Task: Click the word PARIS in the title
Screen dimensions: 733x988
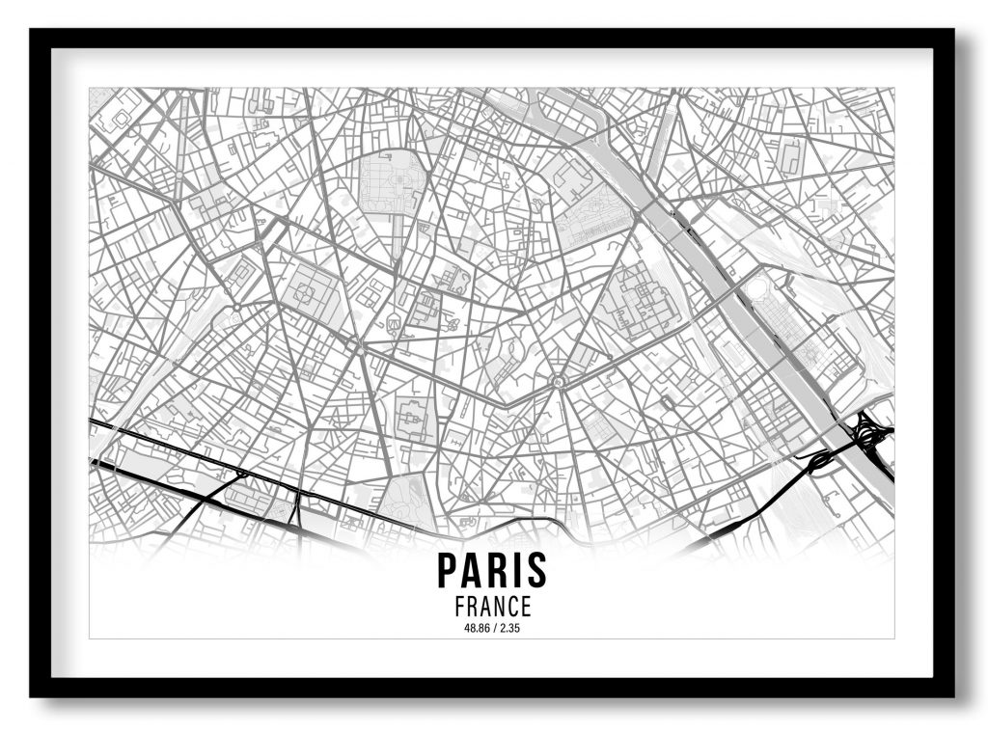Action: [492, 570]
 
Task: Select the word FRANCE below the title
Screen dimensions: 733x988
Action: [492, 607]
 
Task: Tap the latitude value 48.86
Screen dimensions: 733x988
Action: [476, 629]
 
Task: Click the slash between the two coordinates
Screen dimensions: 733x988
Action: [493, 629]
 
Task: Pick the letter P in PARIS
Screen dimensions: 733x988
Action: [449, 570]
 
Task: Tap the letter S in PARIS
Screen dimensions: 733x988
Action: [535, 570]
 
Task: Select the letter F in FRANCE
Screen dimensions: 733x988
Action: [458, 607]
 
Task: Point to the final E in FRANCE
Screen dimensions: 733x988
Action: [525, 607]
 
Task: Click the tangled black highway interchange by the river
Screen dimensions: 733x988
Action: [870, 436]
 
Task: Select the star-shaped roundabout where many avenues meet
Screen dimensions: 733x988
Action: [558, 384]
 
